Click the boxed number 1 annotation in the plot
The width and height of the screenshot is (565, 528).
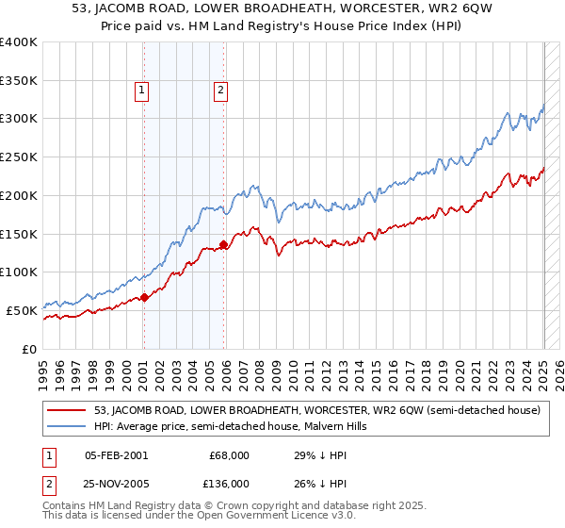pyautogui.click(x=140, y=91)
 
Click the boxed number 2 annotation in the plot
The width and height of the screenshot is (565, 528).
pyautogui.click(x=219, y=91)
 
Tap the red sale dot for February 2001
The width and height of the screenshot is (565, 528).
pyautogui.click(x=144, y=297)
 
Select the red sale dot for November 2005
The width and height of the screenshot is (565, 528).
pyautogui.click(x=223, y=245)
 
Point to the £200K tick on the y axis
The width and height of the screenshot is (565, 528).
pyautogui.click(x=19, y=195)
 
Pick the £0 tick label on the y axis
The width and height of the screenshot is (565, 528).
pyautogui.click(x=29, y=349)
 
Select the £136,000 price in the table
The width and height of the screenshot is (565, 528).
pyautogui.click(x=226, y=483)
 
